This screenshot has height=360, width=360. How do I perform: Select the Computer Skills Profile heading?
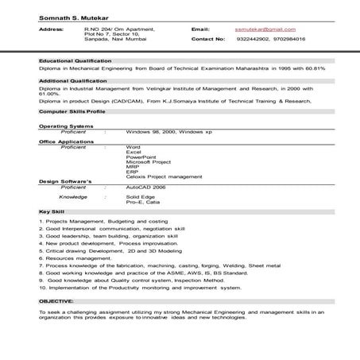pyautogui.click(x=71, y=112)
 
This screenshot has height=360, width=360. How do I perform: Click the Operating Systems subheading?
pyautogui.click(x=64, y=126)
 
